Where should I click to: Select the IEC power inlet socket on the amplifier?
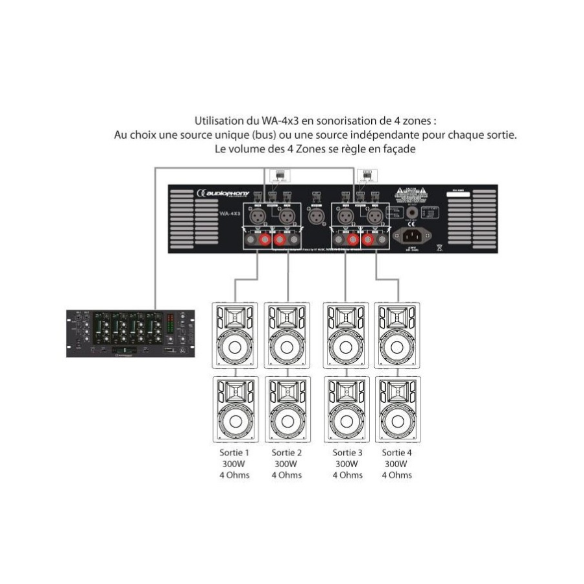pos(413,236)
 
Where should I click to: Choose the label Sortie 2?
pos(286,452)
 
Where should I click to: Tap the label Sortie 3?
pos(347,452)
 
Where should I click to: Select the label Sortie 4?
pos(396,452)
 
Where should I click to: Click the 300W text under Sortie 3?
pos(347,464)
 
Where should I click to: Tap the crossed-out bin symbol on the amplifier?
pos(439,247)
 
